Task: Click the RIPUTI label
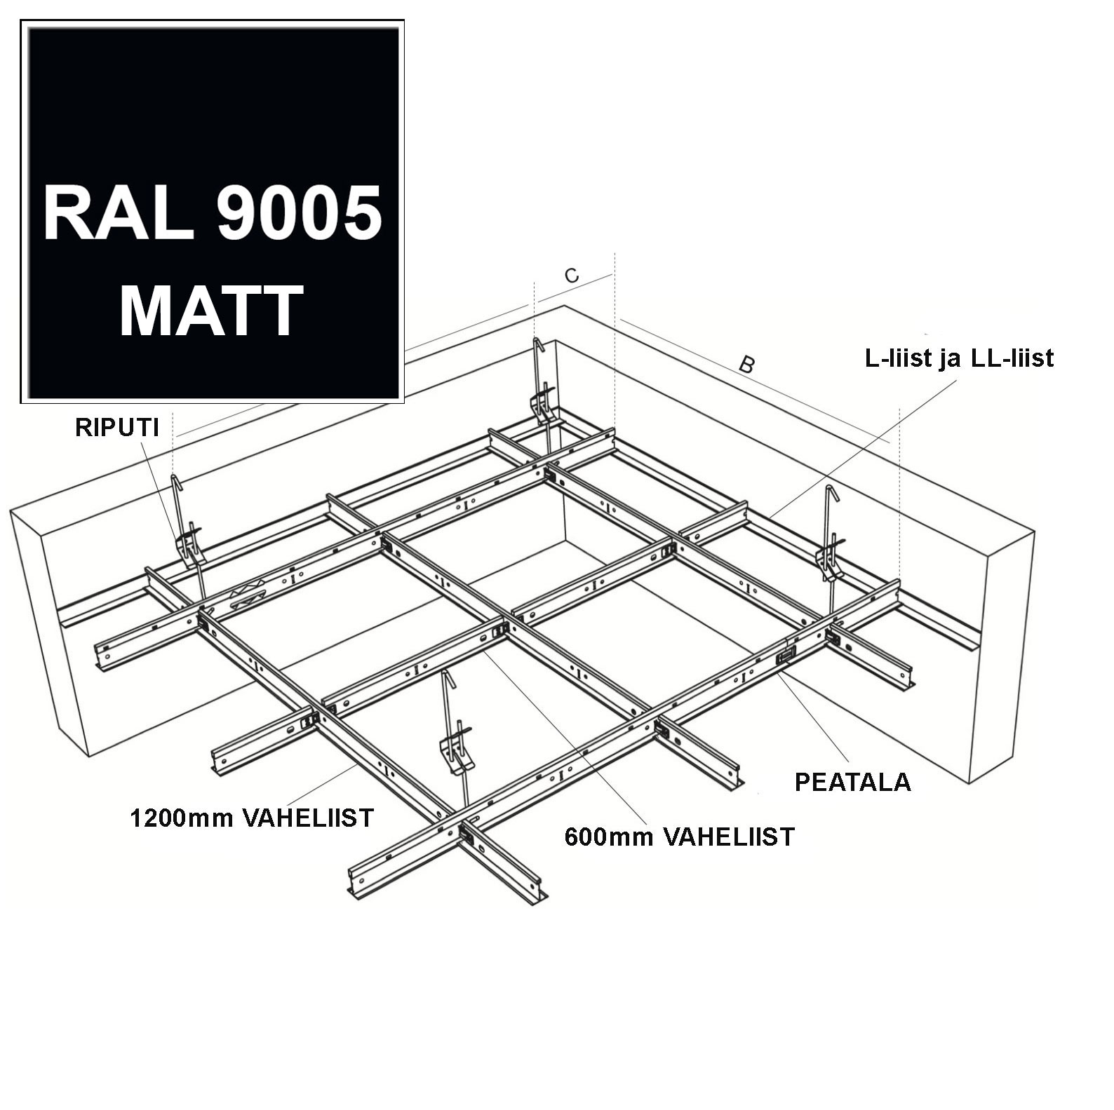click(117, 428)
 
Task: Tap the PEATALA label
click(852, 782)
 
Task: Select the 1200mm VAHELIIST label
click(252, 818)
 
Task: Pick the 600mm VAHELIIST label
click(679, 837)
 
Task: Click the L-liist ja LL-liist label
click(959, 358)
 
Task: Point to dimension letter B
click(747, 365)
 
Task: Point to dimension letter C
click(572, 276)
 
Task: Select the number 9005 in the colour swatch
click(299, 212)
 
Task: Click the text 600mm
click(609, 837)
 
